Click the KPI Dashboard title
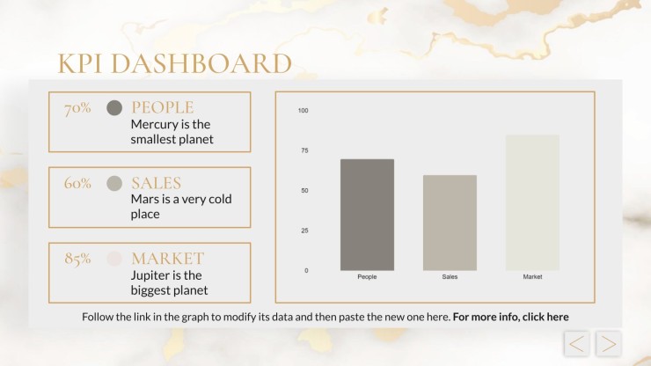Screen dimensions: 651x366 point(174,63)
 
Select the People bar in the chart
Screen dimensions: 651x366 point(367,215)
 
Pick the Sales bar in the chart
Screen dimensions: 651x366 point(450,223)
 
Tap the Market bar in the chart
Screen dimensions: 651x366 point(532,202)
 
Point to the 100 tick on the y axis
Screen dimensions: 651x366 point(304,111)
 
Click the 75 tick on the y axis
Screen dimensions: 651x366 point(304,150)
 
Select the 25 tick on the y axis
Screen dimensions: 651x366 point(304,231)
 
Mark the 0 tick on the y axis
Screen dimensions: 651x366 point(306,270)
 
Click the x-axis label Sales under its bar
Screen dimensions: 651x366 point(450,276)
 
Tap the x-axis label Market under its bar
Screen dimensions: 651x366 point(532,276)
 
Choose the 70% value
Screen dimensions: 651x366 point(77,108)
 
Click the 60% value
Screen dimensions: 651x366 point(77,183)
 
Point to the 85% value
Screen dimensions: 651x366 point(77,259)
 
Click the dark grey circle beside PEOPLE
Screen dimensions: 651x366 point(114,108)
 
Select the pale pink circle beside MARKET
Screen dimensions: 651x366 point(114,259)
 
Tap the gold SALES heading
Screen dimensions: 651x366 point(156,183)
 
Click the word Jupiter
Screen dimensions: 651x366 point(150,275)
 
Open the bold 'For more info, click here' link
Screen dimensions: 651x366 point(510,317)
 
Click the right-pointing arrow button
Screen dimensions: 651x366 point(609,344)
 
